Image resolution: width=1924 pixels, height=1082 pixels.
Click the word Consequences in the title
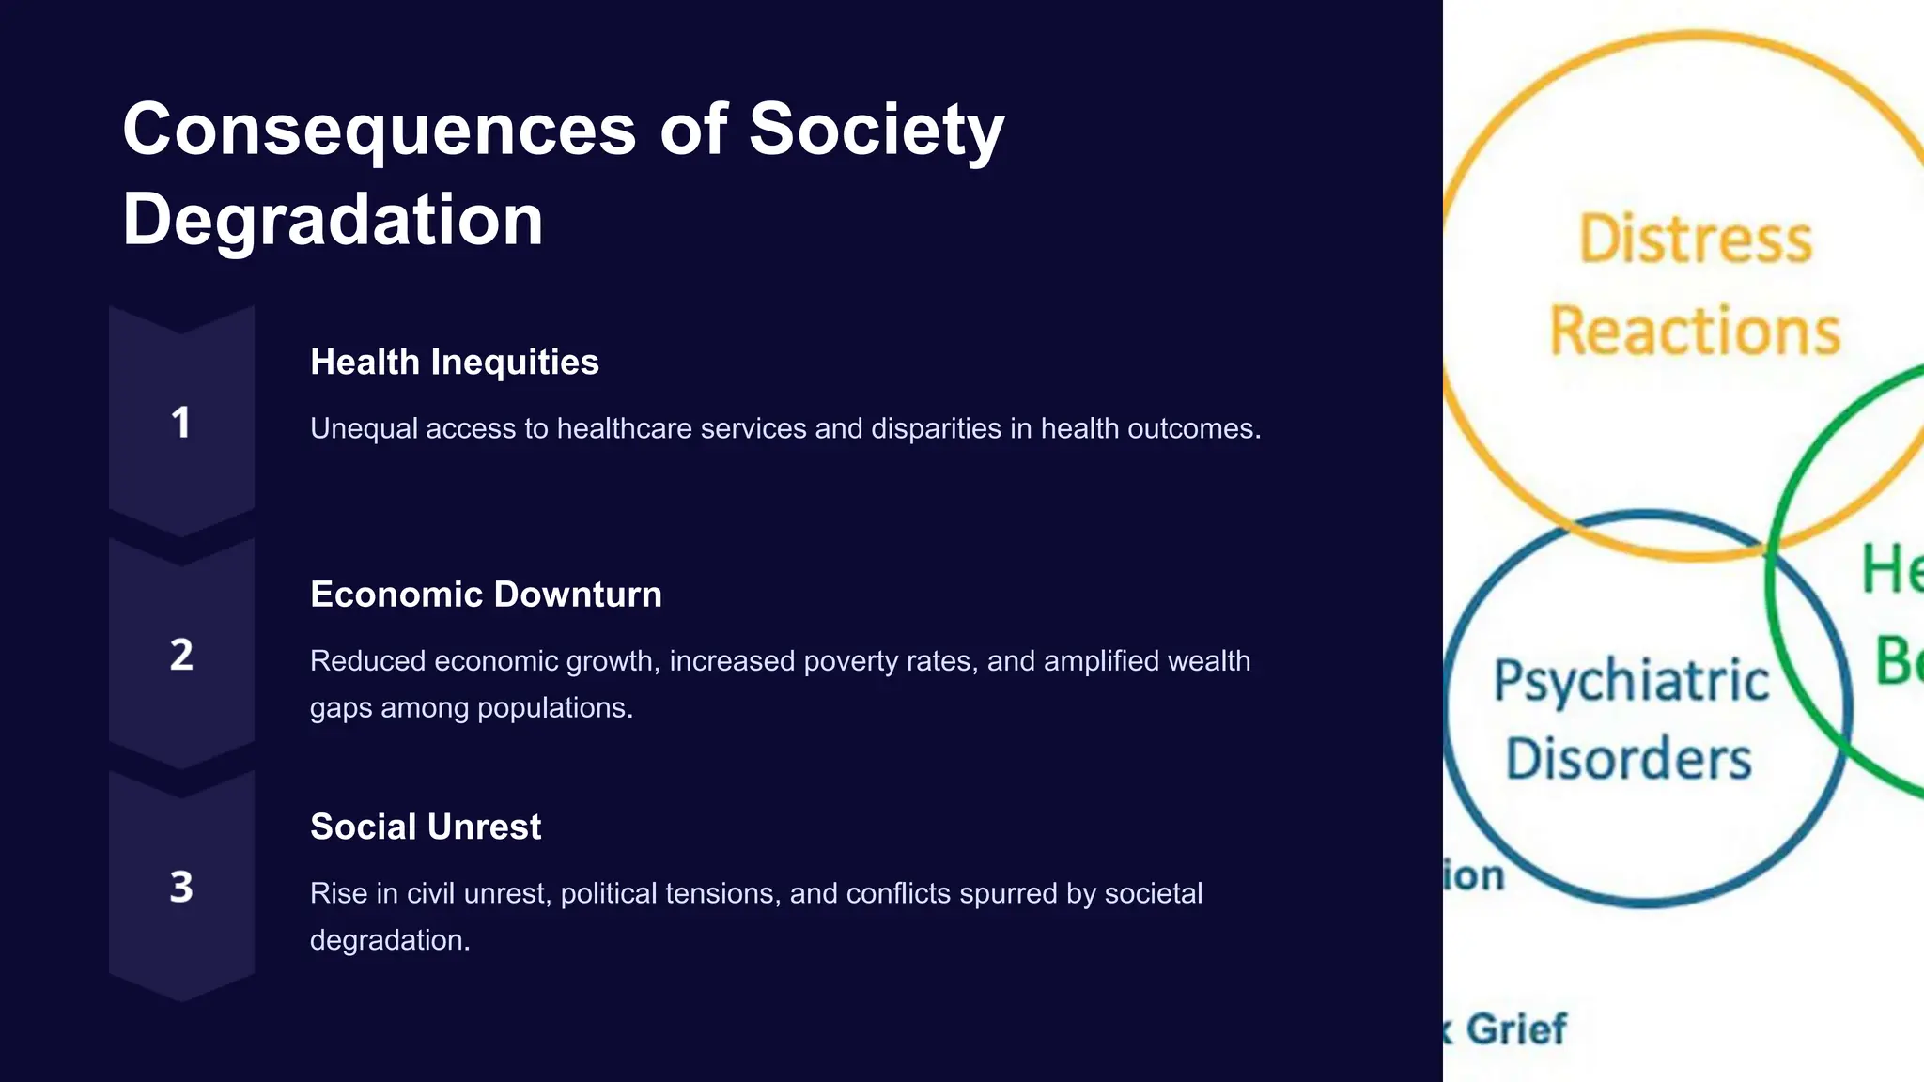click(x=380, y=130)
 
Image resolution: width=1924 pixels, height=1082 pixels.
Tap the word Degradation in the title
click(x=333, y=220)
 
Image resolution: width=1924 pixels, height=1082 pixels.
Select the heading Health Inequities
click(x=454, y=363)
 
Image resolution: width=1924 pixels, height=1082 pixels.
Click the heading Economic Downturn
click(x=486, y=595)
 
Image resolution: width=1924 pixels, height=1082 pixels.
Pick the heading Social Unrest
click(x=425, y=827)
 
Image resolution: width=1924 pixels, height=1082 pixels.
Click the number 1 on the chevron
click(x=181, y=423)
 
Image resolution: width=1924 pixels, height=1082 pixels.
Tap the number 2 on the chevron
click(x=181, y=655)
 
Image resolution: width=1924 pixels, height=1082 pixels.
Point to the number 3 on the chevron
click(x=181, y=887)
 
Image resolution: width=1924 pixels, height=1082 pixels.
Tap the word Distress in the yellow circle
click(x=1696, y=240)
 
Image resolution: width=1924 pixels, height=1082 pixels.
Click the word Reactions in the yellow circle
click(x=1695, y=332)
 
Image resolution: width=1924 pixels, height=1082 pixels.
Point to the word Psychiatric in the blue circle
click(x=1631, y=681)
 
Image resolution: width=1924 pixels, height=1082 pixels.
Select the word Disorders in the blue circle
click(x=1629, y=759)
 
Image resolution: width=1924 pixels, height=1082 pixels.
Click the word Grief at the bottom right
click(x=1516, y=1029)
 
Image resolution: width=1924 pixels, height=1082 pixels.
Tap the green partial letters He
click(x=1892, y=570)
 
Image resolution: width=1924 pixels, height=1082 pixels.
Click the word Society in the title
click(x=876, y=130)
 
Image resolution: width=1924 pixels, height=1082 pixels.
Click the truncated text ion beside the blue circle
click(x=1474, y=875)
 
